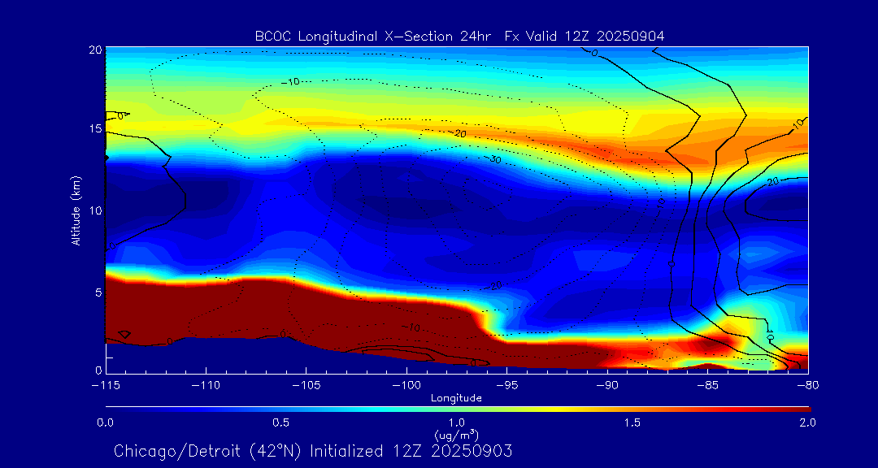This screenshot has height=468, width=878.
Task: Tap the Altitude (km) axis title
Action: click(76, 210)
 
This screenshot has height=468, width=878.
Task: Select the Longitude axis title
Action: click(456, 398)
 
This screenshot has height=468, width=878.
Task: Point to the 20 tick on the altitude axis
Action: click(94, 50)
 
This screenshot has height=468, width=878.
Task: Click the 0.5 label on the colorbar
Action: click(280, 422)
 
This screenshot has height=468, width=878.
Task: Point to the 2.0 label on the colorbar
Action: click(807, 422)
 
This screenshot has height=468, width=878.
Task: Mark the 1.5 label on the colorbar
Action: click(632, 422)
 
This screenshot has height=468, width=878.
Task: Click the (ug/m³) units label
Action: click(456, 435)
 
